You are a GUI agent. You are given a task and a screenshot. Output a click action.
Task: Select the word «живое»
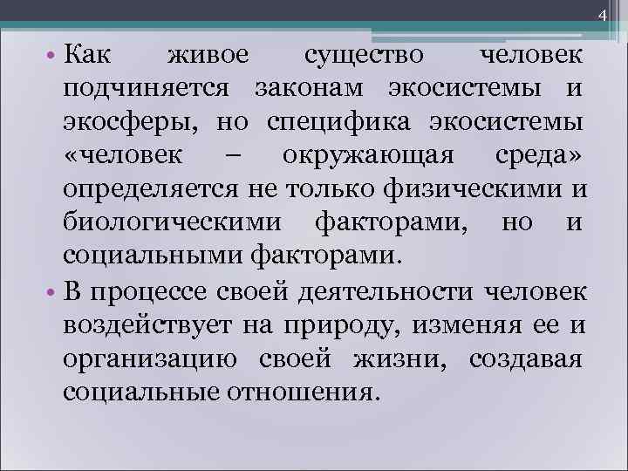208,56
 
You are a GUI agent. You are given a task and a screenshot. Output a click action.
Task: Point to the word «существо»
365,56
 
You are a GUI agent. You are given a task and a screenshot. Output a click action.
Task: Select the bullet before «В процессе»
51,290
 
